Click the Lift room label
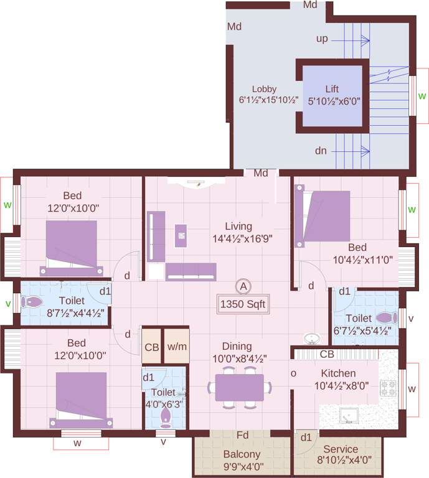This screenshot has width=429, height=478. pyautogui.click(x=332, y=89)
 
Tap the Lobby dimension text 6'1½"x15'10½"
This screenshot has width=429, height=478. pyautogui.click(x=268, y=100)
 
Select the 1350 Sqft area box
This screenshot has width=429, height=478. pyautogui.click(x=243, y=304)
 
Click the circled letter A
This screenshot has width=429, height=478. pyautogui.click(x=243, y=286)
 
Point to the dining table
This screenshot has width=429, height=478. pyautogui.click(x=240, y=388)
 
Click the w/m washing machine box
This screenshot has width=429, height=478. pyautogui.click(x=177, y=346)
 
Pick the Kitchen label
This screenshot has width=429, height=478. pyautogui.click(x=339, y=373)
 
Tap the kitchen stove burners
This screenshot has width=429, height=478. pyautogui.click(x=389, y=388)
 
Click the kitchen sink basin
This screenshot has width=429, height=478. pyautogui.click(x=349, y=416)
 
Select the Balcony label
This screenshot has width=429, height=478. pyautogui.click(x=242, y=454)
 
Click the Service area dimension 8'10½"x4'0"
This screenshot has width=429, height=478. pyautogui.click(x=344, y=460)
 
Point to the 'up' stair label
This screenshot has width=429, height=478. pyautogui.click(x=322, y=39)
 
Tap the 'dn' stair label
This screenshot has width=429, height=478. pyautogui.click(x=321, y=151)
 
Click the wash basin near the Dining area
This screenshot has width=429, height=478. pyautogui.click(x=312, y=339)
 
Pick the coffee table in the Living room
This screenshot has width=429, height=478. pyautogui.click(x=181, y=236)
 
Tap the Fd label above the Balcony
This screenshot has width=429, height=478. pyautogui.click(x=242, y=435)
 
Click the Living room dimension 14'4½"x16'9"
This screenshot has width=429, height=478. pyautogui.click(x=242, y=238)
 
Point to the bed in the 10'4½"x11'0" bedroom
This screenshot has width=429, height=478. pyautogui.click(x=323, y=216)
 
